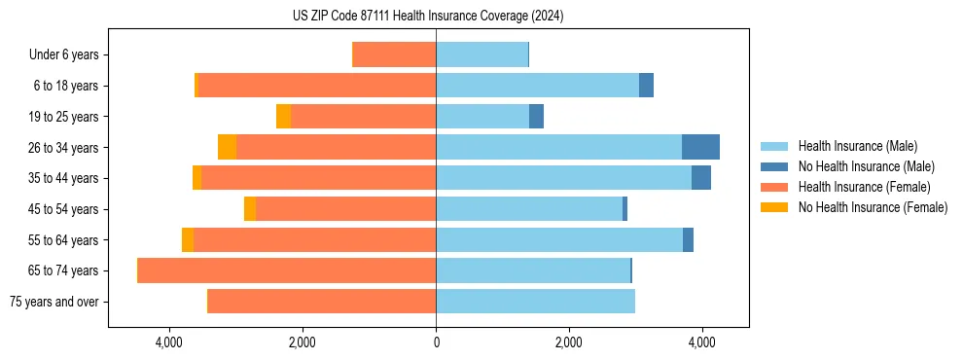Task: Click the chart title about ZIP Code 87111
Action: (428, 16)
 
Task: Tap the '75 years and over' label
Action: (54, 302)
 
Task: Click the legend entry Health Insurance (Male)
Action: (857, 146)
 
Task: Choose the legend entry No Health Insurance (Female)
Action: (873, 207)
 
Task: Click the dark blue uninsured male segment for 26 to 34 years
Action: (700, 147)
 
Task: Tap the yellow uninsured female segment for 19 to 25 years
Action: (283, 117)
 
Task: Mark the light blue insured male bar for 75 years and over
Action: (535, 302)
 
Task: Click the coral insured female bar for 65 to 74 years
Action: (287, 270)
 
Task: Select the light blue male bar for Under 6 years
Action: (481, 55)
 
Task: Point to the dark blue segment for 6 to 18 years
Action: (646, 86)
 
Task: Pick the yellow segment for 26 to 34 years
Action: (227, 147)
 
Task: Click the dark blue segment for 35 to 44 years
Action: (701, 178)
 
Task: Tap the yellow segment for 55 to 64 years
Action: (188, 240)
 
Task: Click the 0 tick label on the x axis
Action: (436, 342)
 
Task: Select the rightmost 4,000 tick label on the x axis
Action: (701, 342)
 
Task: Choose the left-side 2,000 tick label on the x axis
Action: (303, 342)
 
